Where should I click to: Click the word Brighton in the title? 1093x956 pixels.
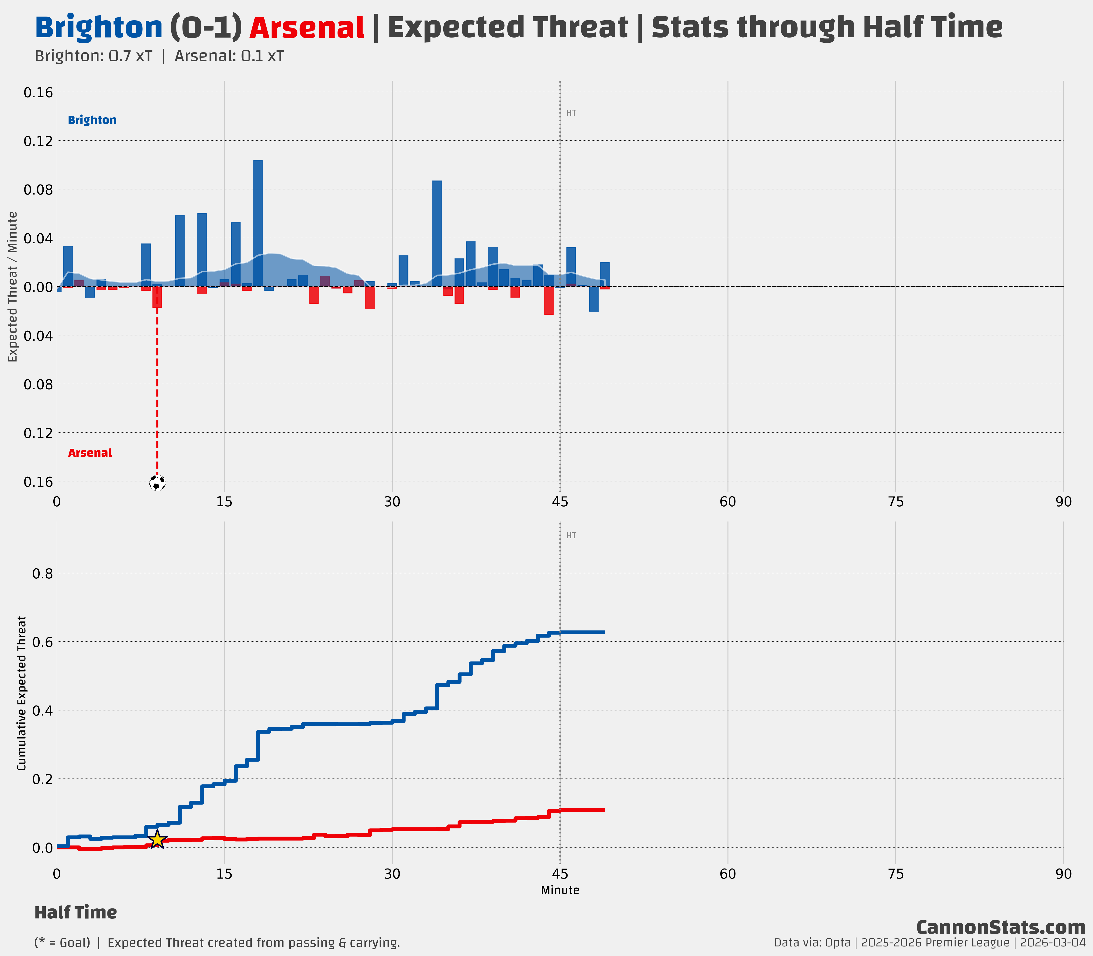99,28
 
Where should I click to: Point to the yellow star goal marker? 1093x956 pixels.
157,839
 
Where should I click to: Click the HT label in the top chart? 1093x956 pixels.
571,113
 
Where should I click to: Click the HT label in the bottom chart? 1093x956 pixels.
571,536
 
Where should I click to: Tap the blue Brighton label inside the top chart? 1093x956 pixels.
92,120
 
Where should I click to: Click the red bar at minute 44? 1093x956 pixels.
549,301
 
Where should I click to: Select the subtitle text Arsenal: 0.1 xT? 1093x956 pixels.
229,56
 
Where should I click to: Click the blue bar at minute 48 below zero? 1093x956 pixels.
593,299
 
